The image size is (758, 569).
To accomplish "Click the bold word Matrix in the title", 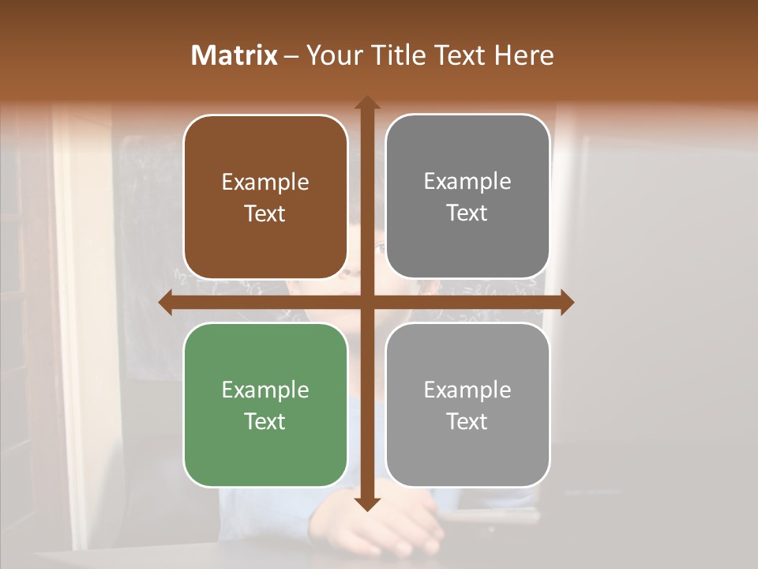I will (x=235, y=55).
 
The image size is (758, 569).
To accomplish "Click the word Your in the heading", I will (x=332, y=55).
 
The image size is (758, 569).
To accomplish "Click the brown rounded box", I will (x=265, y=197).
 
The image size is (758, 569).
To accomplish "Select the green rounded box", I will (x=265, y=405).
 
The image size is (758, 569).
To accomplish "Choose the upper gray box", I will (x=467, y=197).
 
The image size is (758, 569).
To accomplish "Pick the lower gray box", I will (x=467, y=405).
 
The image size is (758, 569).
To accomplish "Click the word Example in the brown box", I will (x=265, y=183).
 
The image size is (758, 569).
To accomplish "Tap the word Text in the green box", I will (x=265, y=421).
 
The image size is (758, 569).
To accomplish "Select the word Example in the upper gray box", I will (x=467, y=182).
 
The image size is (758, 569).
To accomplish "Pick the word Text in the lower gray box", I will (x=467, y=421).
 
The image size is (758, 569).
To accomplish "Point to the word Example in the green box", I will (x=265, y=390).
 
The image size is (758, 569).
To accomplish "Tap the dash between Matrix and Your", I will (x=291, y=56).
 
